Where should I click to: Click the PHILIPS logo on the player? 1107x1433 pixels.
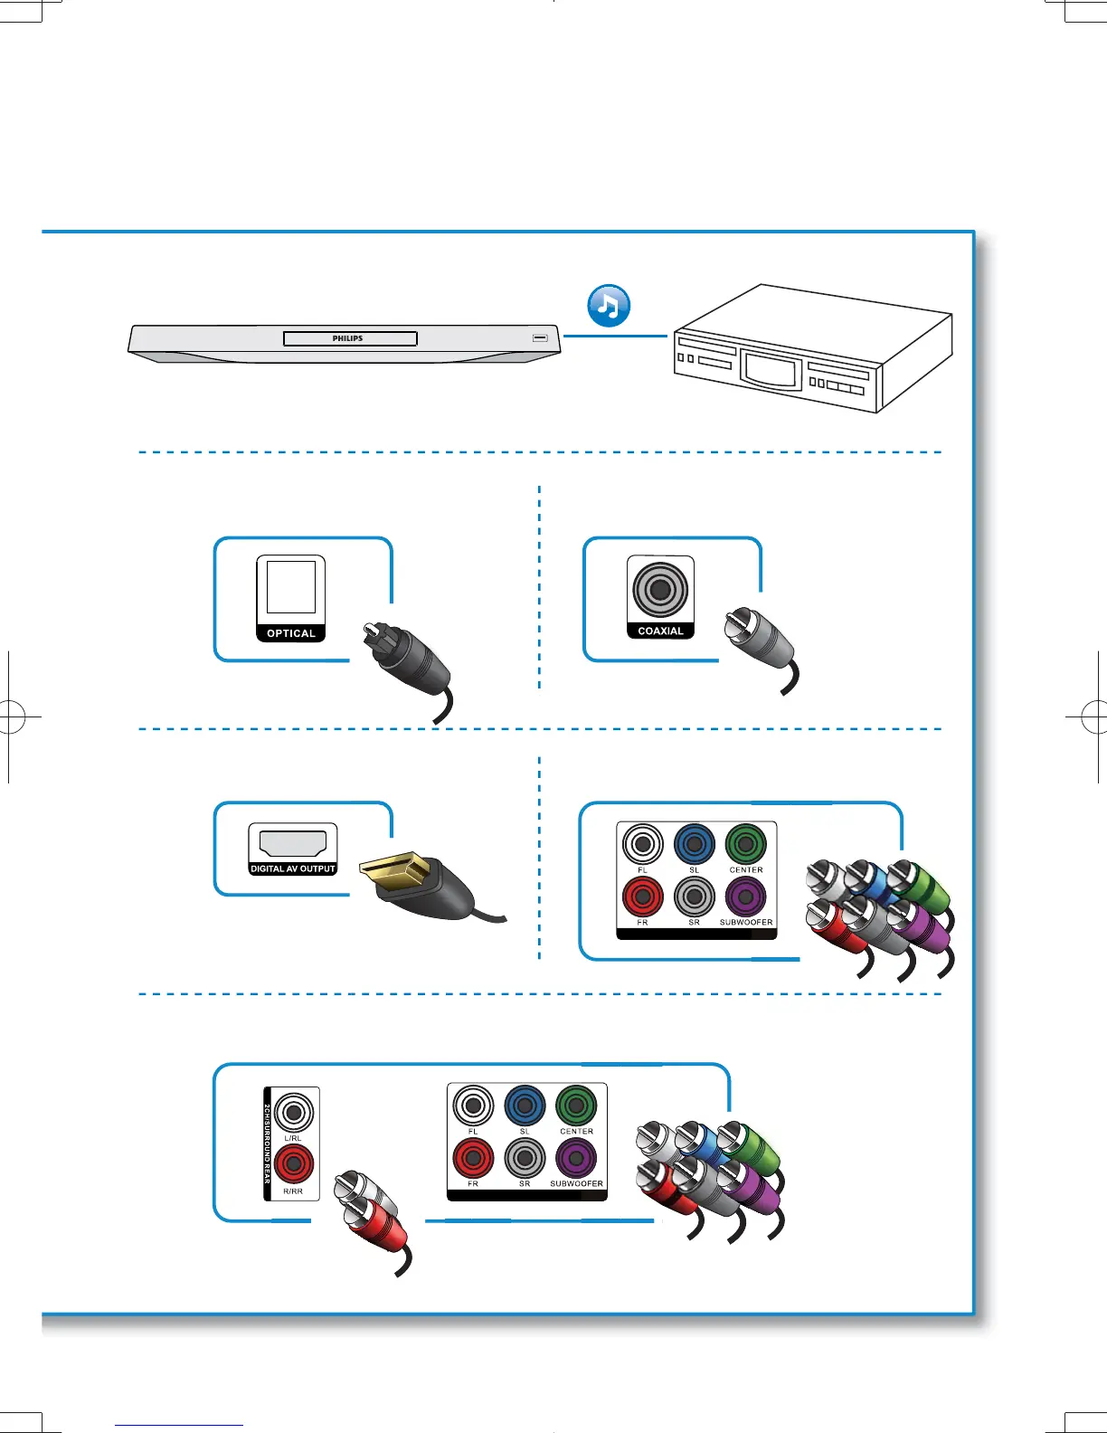pyautogui.click(x=347, y=338)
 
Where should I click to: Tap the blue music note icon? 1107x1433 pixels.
pyautogui.click(x=609, y=306)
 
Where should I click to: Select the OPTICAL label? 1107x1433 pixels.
pyautogui.click(x=291, y=633)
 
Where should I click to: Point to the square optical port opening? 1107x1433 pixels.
pyautogui.click(x=291, y=587)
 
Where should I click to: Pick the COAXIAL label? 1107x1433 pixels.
pyautogui.click(x=660, y=631)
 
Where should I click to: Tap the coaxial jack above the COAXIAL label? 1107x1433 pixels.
pyautogui.click(x=660, y=589)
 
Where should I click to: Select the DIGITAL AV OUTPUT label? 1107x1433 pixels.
pyautogui.click(x=292, y=868)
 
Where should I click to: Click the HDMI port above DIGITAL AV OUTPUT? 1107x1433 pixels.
pyautogui.click(x=292, y=842)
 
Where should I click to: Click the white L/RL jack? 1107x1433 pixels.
pyautogui.click(x=294, y=1112)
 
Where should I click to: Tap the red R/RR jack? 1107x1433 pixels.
pyautogui.click(x=294, y=1163)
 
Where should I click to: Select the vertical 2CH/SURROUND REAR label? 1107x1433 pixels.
pyautogui.click(x=268, y=1144)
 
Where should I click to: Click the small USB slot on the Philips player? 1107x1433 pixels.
pyautogui.click(x=540, y=337)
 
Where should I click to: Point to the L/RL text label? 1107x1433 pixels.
pyautogui.click(x=293, y=1138)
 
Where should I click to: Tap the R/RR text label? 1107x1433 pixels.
pyautogui.click(x=293, y=1191)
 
